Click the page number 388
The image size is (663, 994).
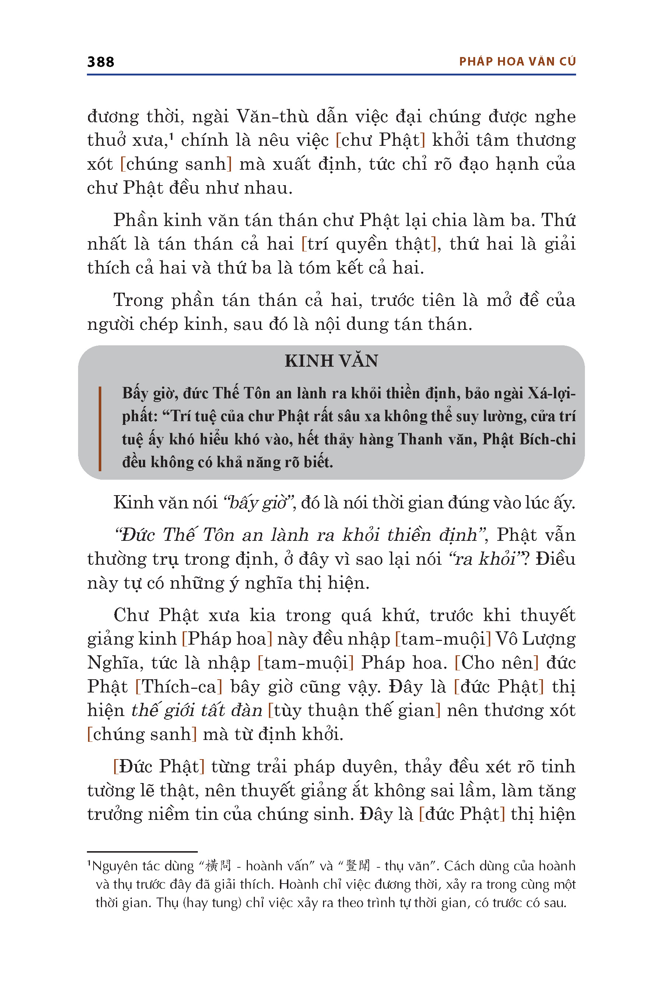click(101, 62)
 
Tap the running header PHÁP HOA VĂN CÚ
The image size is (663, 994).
click(517, 62)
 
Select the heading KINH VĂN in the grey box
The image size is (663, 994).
click(331, 361)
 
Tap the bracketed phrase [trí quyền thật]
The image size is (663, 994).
click(368, 244)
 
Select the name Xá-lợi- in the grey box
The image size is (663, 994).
click(551, 394)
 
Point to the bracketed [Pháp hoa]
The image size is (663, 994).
click(227, 639)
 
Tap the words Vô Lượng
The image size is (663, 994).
click(535, 639)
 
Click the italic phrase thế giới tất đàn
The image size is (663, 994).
click(197, 711)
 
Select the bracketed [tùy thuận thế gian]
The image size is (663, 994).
click(354, 711)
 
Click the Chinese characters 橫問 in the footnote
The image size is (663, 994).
click(218, 866)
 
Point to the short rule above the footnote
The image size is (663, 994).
click(142, 852)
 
